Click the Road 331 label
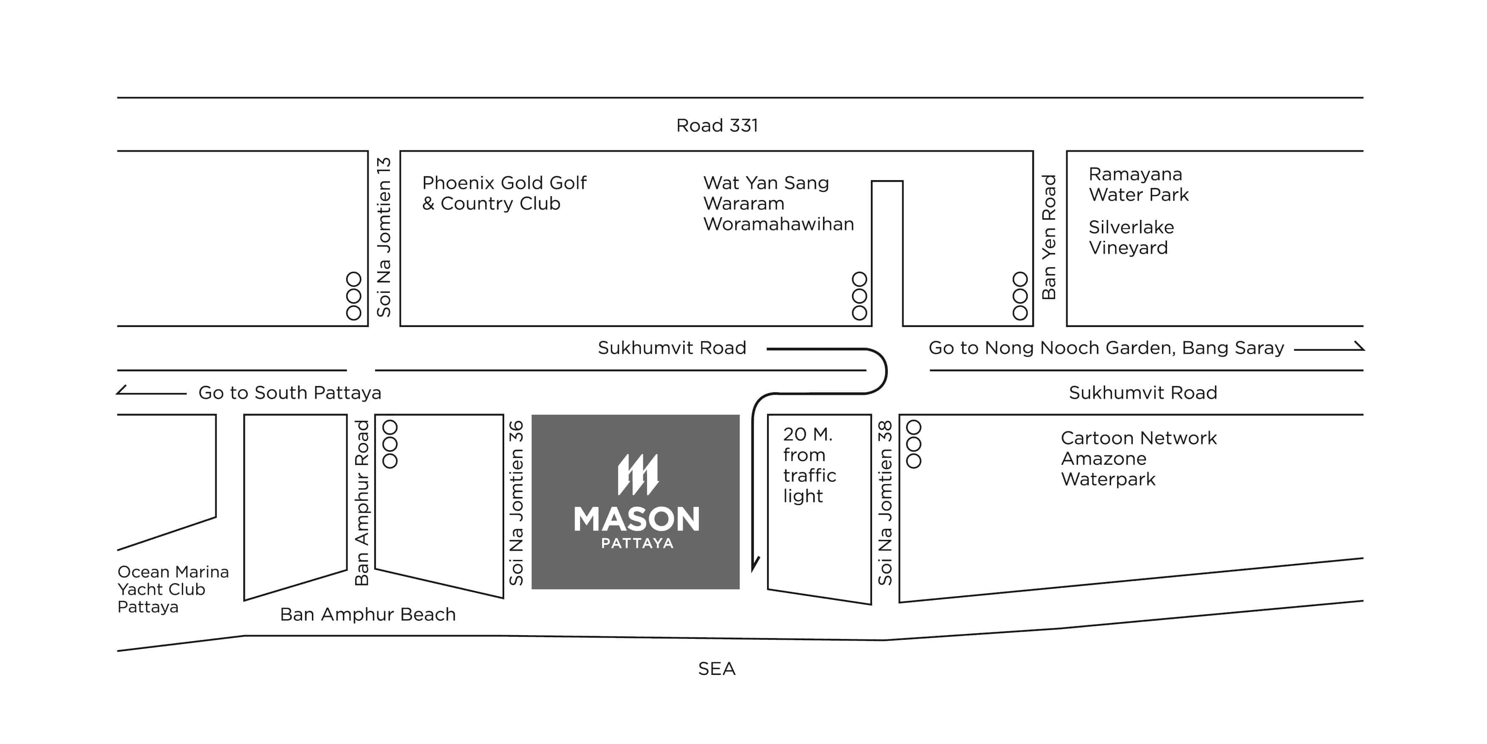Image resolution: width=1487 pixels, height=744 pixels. pyautogui.click(x=717, y=125)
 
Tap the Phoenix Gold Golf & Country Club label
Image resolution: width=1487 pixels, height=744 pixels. pyautogui.click(x=504, y=193)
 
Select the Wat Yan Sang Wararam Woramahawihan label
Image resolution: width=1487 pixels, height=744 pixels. pyautogui.click(x=778, y=203)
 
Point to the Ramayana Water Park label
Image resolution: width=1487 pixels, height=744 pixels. pyautogui.click(x=1138, y=184)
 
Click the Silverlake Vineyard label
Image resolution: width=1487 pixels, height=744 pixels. pyautogui.click(x=1131, y=237)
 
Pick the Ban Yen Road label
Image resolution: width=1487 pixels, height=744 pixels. pyautogui.click(x=1048, y=237)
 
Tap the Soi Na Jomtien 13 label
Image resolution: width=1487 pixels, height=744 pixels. pyautogui.click(x=384, y=237)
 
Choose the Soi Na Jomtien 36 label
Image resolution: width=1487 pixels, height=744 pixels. pyautogui.click(x=516, y=503)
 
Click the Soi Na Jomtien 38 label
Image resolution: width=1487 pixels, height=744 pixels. pyautogui.click(x=885, y=503)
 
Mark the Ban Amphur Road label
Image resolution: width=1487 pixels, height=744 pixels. pyautogui.click(x=361, y=503)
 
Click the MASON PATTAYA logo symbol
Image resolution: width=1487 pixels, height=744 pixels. pyautogui.click(x=637, y=475)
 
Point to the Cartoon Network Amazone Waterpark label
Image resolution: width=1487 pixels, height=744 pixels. pyautogui.click(x=1138, y=458)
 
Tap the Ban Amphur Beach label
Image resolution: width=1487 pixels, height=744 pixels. pyautogui.click(x=368, y=614)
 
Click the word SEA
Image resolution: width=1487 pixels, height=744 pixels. pyautogui.click(x=717, y=669)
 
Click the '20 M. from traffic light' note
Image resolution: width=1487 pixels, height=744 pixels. pyautogui.click(x=809, y=465)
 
